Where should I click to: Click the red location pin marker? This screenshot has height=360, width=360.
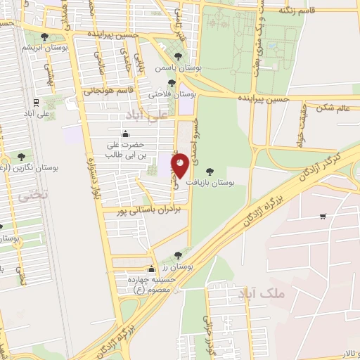(180, 165)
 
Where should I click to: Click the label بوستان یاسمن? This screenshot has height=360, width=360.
(198, 69)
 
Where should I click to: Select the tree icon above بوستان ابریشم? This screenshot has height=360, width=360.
(45, 37)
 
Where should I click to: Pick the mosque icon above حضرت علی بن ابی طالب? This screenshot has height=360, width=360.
(126, 134)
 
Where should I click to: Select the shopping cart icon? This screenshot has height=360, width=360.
(323, 216)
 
